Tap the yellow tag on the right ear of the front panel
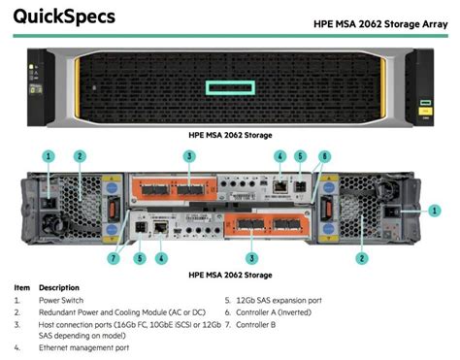pos(425,112)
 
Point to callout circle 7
pos(114,258)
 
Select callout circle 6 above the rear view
pos(325,155)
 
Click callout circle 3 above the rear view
pos(190,155)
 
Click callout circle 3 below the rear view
pos(252,258)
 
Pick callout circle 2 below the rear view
pos(361,258)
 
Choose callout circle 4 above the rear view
pos(279,155)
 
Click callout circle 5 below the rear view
pos(140,258)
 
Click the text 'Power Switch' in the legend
pos(60,301)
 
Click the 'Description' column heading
pos(59,288)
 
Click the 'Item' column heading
pos(22,288)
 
